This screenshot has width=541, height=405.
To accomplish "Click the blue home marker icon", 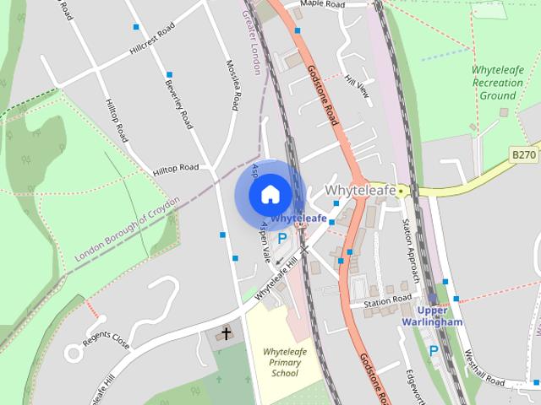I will (270, 195).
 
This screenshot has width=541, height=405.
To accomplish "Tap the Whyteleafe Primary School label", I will (281, 362).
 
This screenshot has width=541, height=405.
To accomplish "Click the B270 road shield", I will (524, 154).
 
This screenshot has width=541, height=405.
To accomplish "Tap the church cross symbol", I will (226, 334).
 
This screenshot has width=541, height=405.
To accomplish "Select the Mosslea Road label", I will (235, 84).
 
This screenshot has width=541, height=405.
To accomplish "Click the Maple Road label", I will (323, 5).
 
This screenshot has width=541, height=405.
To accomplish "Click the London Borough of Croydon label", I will (128, 229).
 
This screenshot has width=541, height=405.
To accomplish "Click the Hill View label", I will (358, 86).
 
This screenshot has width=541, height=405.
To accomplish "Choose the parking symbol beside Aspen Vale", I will (282, 239).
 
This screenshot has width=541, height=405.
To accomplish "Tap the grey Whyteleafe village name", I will (360, 191).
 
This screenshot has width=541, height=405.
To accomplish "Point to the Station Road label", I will (387, 300).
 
